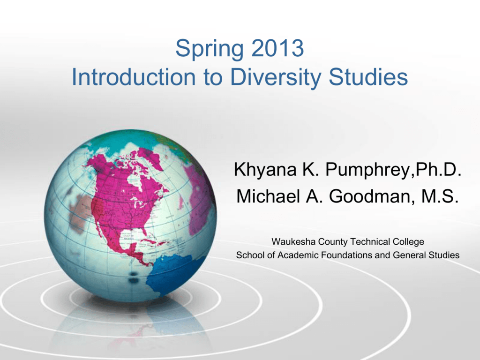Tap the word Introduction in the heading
point(134,77)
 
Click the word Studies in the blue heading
point(368,77)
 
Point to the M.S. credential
point(440,196)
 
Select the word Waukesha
point(293,241)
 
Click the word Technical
point(370,241)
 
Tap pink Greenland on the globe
point(151,158)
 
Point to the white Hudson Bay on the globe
point(135,180)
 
